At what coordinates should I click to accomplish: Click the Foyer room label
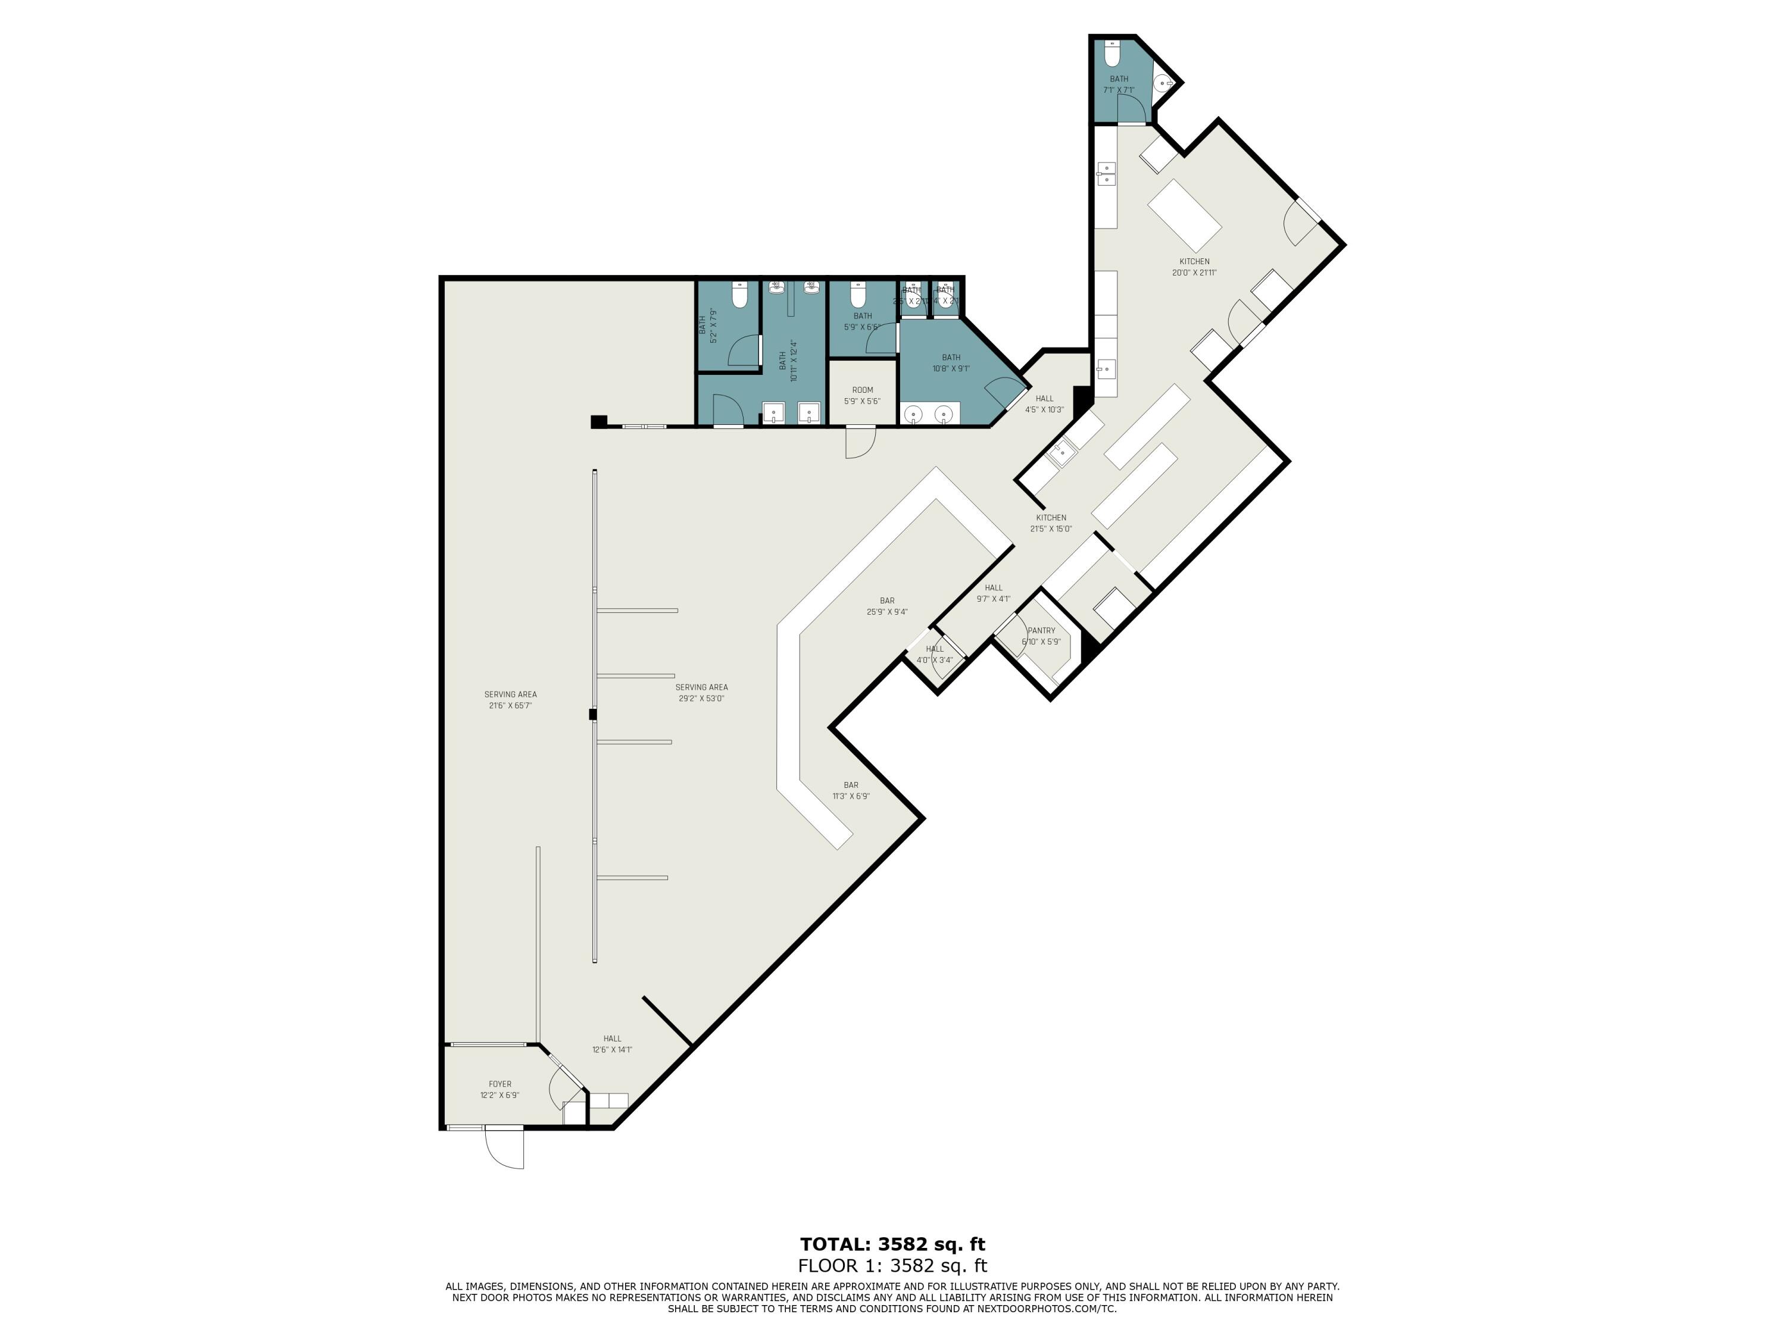500,1090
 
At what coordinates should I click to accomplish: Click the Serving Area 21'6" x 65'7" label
510,700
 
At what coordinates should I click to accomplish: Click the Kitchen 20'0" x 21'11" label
1194,267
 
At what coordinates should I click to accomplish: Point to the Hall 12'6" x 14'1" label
612,1044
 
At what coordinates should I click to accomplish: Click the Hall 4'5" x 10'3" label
1044,403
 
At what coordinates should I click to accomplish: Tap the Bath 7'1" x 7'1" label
1119,84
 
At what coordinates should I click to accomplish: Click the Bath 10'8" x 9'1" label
951,362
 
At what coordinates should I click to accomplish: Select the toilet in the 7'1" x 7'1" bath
1113,54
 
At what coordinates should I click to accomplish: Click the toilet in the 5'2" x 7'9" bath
739,296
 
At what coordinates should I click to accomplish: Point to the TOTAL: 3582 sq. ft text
892,1244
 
